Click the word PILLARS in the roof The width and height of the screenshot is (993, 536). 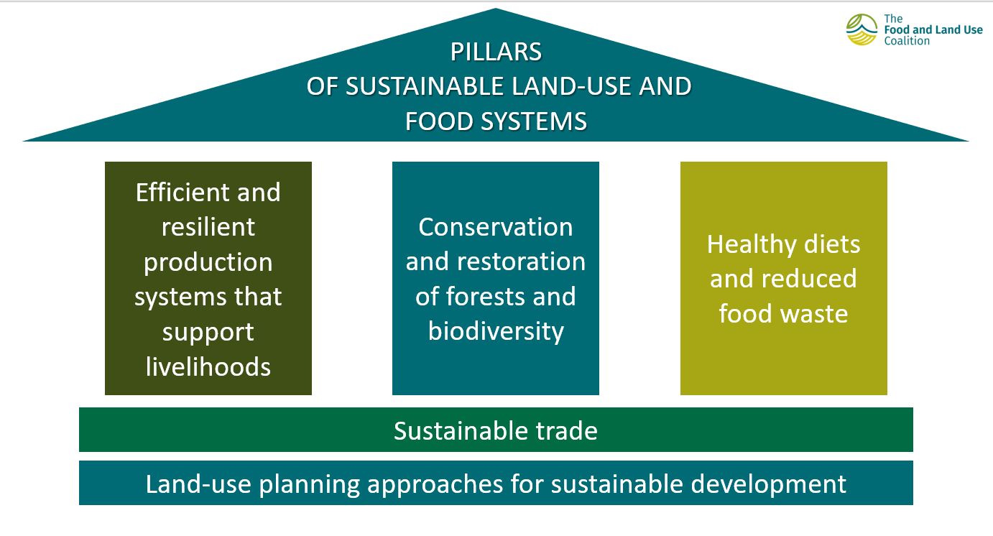point(496,52)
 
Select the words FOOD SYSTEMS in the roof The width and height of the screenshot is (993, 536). point(496,121)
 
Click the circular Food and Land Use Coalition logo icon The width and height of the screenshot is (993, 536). point(862,29)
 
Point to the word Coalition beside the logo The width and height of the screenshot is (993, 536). point(907,41)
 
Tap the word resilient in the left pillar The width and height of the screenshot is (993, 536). point(208,227)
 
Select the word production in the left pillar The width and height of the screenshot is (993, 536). point(208,263)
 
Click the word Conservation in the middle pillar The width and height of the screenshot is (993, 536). point(496,227)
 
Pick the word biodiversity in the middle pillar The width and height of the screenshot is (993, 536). point(496,332)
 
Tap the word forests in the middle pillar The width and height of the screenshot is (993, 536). point(486,296)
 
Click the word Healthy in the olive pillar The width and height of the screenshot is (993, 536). point(752,245)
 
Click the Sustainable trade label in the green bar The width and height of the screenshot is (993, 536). point(496,430)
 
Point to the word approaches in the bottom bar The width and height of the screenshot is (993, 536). point(435,484)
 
